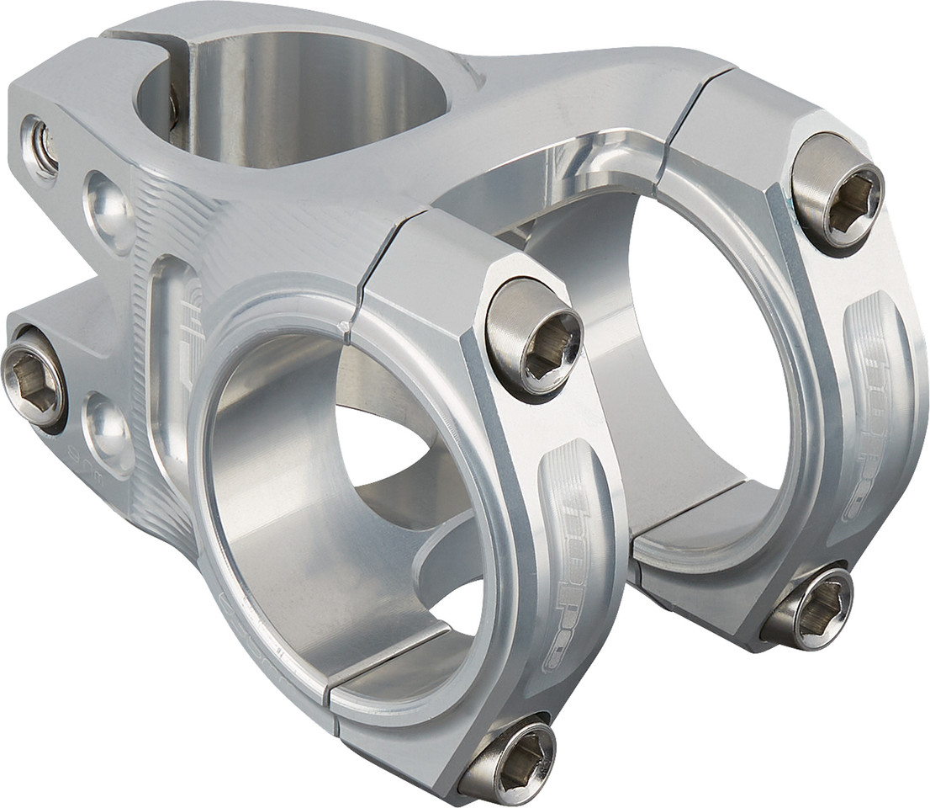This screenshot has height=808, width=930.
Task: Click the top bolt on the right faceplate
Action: click(x=838, y=191)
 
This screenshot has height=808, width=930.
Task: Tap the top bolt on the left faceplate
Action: click(x=534, y=338)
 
